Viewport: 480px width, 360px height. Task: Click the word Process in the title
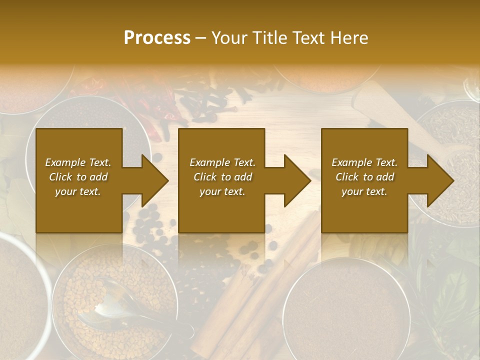(x=157, y=37)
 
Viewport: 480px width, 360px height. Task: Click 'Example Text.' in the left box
(x=78, y=162)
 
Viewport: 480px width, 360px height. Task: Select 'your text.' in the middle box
(x=222, y=191)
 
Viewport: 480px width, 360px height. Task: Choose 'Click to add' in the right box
(x=364, y=177)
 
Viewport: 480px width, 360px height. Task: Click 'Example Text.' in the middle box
(x=222, y=162)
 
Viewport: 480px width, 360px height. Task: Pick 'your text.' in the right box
(x=364, y=191)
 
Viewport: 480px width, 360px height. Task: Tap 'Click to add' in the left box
(x=78, y=177)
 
